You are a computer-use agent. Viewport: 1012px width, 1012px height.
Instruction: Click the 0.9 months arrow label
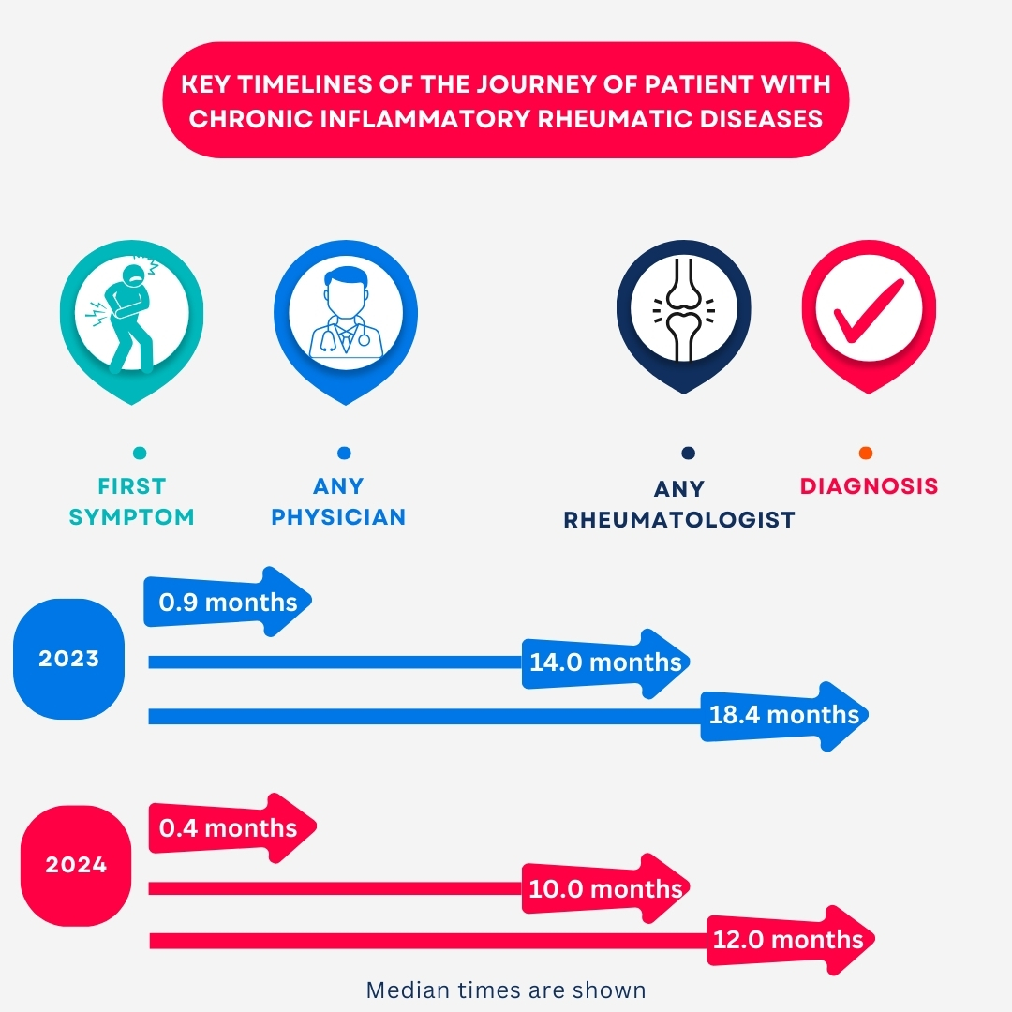pos(228,603)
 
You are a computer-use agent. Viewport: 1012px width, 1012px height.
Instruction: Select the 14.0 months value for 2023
pos(605,662)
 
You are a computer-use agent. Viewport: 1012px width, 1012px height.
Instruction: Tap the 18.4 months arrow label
pos(783,715)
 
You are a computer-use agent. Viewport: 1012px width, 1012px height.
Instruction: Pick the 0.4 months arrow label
pos(228,828)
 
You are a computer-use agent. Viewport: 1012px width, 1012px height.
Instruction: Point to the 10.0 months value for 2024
pos(605,888)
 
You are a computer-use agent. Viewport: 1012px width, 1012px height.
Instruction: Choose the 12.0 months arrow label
pos(787,940)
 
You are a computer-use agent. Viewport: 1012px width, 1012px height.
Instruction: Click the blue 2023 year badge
pos(68,659)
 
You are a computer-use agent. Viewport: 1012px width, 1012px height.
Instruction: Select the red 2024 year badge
pos(76,865)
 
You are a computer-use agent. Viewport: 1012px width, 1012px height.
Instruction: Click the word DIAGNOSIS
pos(869,486)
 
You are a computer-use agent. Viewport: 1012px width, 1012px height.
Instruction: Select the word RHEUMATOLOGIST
pos(678,520)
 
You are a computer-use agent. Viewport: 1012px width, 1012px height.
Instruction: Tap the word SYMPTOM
pos(131,516)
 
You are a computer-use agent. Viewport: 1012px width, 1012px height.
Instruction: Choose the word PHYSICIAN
pos(338,516)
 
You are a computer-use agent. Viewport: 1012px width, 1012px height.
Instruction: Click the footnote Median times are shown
pos(506,990)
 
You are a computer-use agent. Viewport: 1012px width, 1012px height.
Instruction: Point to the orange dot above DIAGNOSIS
pos(865,454)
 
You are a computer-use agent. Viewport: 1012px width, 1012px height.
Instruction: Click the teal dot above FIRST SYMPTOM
pos(140,454)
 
